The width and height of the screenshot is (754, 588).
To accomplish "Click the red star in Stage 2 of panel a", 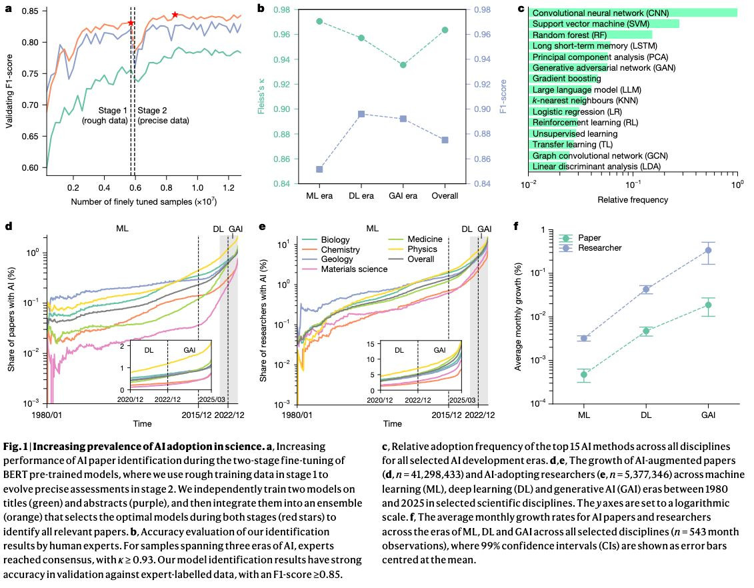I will click(x=175, y=15).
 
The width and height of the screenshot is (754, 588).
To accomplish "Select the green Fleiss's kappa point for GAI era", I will click(x=403, y=65).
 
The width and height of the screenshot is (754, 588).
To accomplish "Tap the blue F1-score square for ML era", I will click(x=319, y=169).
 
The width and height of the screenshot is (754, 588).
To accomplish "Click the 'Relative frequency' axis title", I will click(x=633, y=199).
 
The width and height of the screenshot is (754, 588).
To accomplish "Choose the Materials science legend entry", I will click(x=355, y=269).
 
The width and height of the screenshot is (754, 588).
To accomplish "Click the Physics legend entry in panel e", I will click(x=420, y=249).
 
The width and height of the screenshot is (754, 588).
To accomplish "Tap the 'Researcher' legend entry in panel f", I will click(x=600, y=248).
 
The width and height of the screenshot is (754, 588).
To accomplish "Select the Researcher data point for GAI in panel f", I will click(x=708, y=251).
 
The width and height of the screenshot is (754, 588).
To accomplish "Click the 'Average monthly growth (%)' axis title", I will click(x=518, y=315).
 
